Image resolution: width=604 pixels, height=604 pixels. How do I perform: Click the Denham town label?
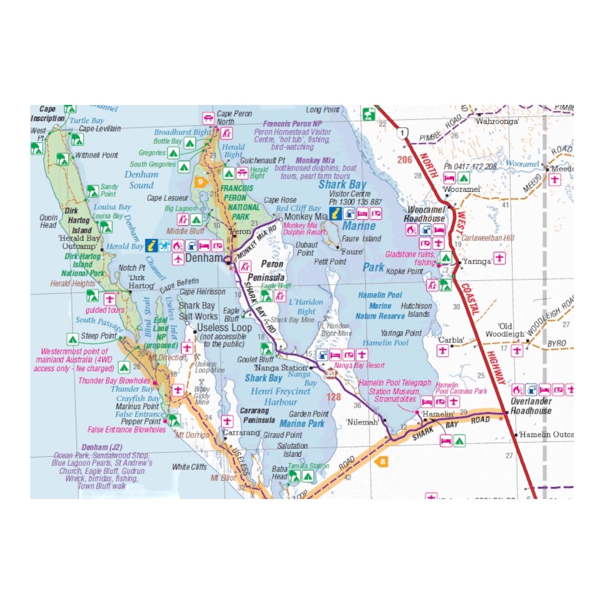point(204,258)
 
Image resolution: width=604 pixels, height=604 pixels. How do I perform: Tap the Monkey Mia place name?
point(306,217)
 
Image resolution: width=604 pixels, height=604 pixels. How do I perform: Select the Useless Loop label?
point(224,328)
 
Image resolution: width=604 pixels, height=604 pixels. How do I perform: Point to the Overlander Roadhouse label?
point(531,406)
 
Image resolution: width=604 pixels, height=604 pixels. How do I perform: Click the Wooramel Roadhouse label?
point(425,214)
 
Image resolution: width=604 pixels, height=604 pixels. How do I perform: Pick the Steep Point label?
point(99,336)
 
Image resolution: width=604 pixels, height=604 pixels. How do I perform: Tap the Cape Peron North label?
point(234,117)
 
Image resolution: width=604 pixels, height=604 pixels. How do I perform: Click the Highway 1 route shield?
point(402,133)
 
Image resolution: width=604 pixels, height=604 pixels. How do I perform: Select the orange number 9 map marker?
point(200,182)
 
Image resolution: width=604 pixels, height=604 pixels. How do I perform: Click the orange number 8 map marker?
point(382,461)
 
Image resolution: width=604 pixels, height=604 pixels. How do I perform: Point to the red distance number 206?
point(404,160)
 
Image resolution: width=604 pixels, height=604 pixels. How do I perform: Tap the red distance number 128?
point(334,397)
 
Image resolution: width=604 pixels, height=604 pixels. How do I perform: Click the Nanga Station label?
point(281,368)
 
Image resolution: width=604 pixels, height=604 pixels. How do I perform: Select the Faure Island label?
point(361,239)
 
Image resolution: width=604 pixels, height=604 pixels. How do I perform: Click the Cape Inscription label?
point(47,114)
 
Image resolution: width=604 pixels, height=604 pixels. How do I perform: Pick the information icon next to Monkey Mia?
point(335,214)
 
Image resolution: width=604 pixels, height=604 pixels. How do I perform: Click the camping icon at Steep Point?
point(72,339)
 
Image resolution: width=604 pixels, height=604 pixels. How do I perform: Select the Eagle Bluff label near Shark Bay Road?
point(231,314)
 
